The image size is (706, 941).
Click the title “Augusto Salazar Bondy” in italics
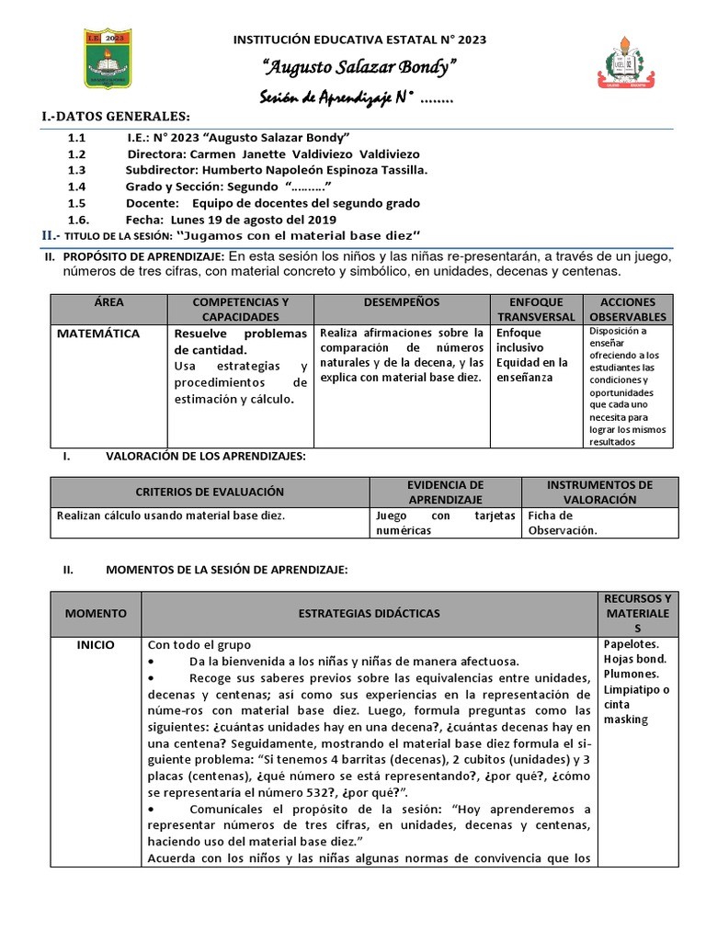point(359,68)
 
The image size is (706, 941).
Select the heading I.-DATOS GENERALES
point(116,117)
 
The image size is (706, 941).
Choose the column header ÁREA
point(108,302)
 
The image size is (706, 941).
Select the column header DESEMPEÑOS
point(402,302)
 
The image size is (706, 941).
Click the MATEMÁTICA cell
point(98,334)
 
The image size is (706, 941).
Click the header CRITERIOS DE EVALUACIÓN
point(210,492)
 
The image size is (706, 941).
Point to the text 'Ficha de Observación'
point(563,523)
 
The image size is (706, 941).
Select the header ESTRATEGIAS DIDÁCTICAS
point(370,613)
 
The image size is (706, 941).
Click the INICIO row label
point(96,644)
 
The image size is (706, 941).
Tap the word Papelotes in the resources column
point(631,644)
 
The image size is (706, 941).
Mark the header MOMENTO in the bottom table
point(96,613)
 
